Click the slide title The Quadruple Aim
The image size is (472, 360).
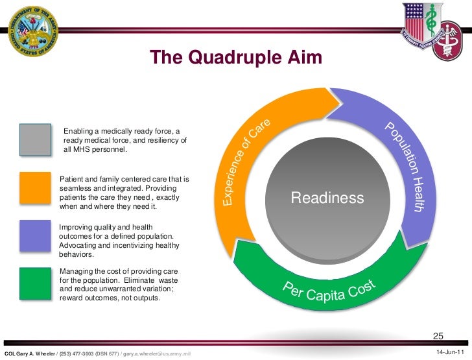tap(236, 58)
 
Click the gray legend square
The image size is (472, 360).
tap(35, 140)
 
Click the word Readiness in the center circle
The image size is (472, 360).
tap(327, 198)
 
